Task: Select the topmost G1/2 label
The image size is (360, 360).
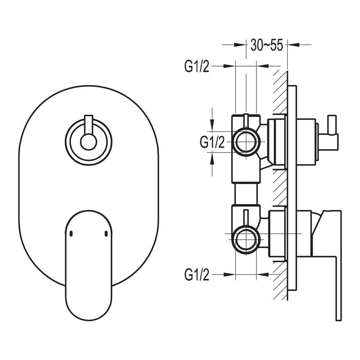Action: pos(197,67)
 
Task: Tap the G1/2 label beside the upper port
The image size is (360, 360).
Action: pos(212,142)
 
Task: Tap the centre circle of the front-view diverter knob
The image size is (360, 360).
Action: pos(88,141)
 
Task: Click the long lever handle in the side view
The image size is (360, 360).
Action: pos(338,274)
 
